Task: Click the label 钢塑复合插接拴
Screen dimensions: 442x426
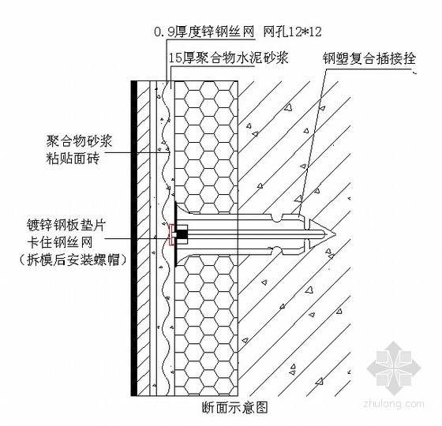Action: pyautogui.click(x=369, y=59)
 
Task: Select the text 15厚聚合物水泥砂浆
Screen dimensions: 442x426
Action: pyautogui.click(x=228, y=58)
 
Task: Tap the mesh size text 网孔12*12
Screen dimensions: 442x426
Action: pyautogui.click(x=292, y=32)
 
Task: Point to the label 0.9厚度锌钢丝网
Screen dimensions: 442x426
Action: pyautogui.click(x=204, y=32)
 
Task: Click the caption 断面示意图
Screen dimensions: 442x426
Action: pyautogui.click(x=234, y=407)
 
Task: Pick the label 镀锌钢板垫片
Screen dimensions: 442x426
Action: pyautogui.click(x=66, y=225)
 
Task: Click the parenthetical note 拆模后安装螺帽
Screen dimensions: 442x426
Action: pyautogui.click(x=73, y=260)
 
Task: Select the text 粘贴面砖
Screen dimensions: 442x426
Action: pyautogui.click(x=73, y=159)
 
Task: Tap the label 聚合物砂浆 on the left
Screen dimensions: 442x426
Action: pyautogui.click(x=79, y=141)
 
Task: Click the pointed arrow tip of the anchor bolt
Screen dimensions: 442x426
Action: pyautogui.click(x=335, y=234)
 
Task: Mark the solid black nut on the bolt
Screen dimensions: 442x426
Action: pyautogui.click(x=182, y=234)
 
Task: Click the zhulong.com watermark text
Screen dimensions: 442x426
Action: pyautogui.click(x=394, y=403)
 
